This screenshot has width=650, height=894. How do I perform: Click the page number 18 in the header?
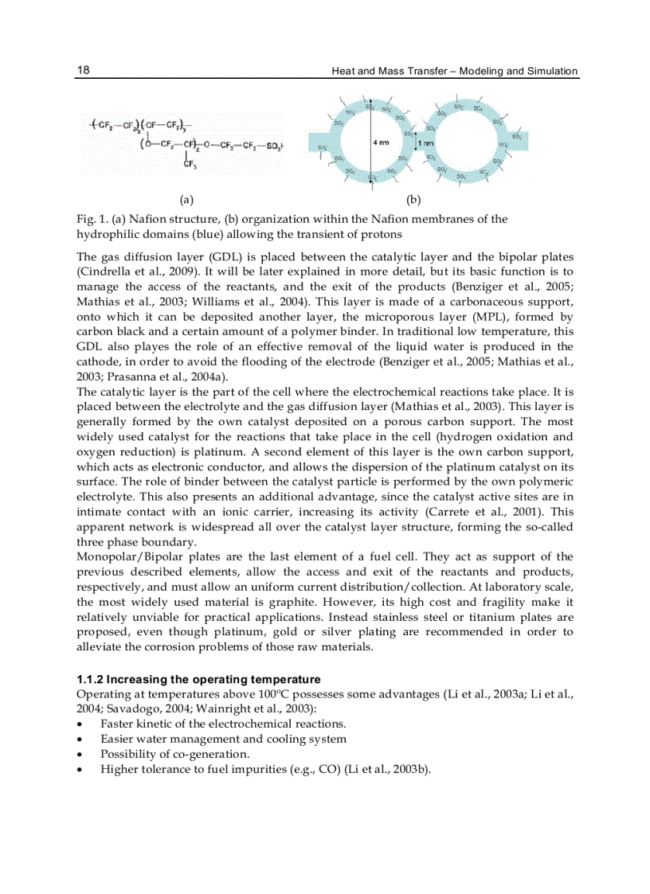(83, 70)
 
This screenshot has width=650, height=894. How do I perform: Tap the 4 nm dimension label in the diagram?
(381, 142)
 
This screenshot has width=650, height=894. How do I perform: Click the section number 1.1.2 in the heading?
(90, 679)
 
